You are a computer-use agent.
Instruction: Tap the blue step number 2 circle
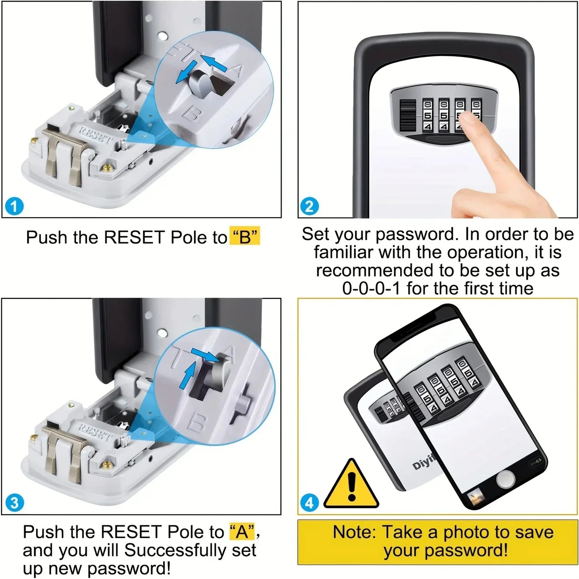[309, 206]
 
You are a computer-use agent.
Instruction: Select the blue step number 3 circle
[15, 502]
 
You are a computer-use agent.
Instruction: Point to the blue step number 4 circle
[309, 502]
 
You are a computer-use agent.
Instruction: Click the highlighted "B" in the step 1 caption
[244, 237]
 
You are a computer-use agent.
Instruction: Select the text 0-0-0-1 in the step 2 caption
[371, 288]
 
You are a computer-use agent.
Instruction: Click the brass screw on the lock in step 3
[107, 464]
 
